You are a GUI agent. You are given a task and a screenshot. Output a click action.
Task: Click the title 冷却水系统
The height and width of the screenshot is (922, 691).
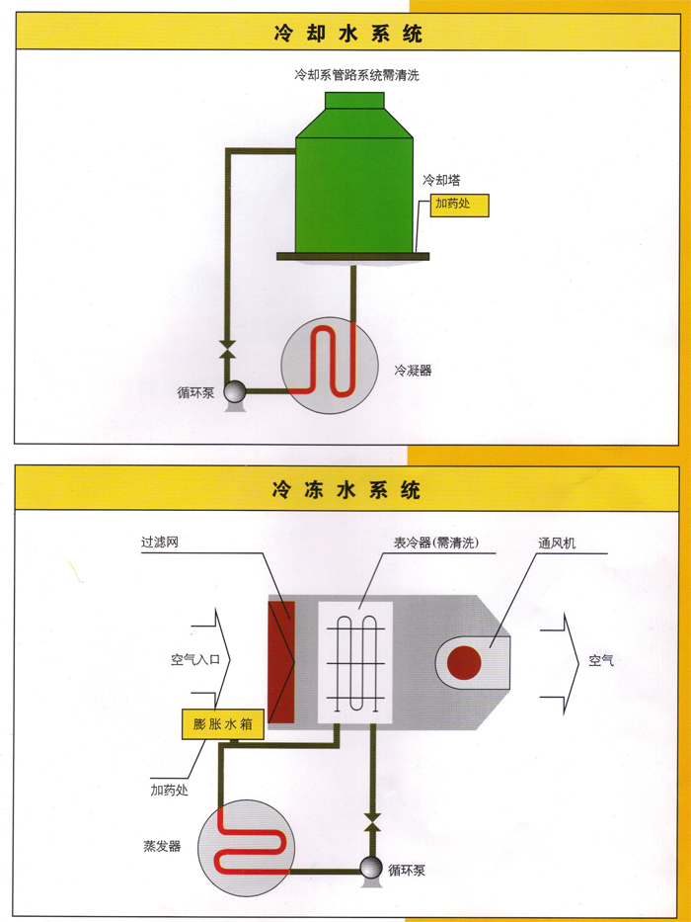(347, 33)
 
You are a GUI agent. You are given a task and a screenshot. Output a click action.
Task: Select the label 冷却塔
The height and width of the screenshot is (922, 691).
(441, 181)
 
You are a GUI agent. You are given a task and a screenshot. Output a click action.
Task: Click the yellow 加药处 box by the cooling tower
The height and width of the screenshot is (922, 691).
(460, 207)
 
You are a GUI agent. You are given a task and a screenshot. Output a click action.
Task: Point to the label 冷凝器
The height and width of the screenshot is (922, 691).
(413, 371)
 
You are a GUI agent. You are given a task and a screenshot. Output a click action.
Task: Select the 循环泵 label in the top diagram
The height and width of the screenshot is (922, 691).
(196, 392)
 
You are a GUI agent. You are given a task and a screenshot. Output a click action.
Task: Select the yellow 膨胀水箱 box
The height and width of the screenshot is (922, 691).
(223, 724)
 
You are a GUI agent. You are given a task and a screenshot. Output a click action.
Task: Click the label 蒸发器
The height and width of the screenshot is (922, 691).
(162, 847)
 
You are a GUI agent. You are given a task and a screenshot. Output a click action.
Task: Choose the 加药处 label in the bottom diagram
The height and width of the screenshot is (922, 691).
(169, 791)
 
